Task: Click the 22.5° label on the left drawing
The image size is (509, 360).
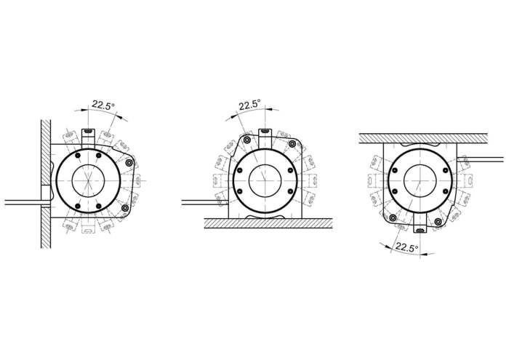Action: click(x=103, y=105)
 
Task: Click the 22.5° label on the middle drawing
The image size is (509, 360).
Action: click(x=249, y=105)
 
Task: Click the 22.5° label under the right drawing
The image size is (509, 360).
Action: click(x=406, y=248)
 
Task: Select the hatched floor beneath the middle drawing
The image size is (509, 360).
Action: click(x=268, y=223)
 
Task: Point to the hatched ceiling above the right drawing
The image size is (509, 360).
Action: click(x=423, y=138)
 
